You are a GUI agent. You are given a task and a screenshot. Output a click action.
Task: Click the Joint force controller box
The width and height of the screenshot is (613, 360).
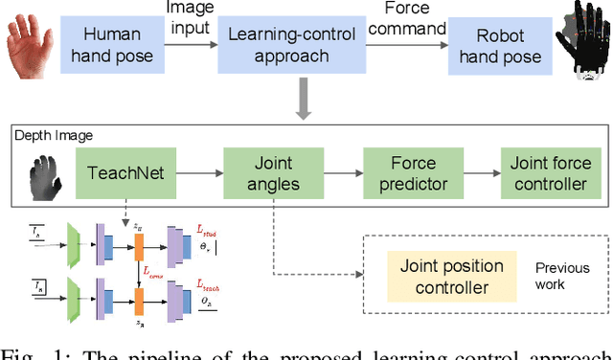[x=544, y=175]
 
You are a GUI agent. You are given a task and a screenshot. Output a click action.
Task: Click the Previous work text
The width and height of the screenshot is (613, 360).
[x=561, y=276]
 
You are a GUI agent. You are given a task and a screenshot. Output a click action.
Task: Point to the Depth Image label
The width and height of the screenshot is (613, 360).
[x=54, y=134]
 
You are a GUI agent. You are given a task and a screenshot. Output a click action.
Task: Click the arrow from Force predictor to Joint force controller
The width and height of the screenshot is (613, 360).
[x=476, y=175]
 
